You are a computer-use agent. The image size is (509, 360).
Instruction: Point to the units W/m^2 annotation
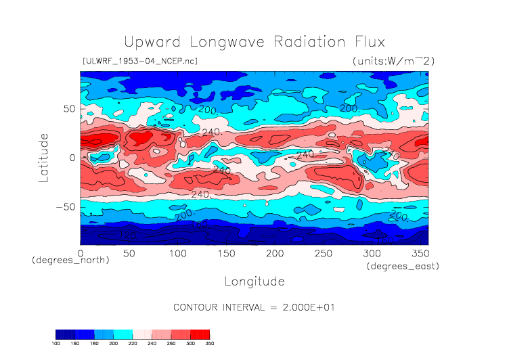tap(393, 61)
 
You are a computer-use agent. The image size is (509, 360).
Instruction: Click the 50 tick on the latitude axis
tap(68, 108)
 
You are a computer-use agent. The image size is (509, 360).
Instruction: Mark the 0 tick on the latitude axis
tap(72, 158)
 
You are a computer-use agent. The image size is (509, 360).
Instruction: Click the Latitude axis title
tap(44, 158)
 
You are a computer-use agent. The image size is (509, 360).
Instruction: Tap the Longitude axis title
tap(255, 281)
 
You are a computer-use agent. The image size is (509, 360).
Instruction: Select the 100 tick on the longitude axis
tap(177, 253)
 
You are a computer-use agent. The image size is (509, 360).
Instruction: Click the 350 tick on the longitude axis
tap(420, 253)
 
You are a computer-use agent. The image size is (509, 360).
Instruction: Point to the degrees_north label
tap(71, 261)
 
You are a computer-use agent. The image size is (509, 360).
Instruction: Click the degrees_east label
tap(403, 267)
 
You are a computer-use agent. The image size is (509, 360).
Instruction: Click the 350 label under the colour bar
tap(209, 343)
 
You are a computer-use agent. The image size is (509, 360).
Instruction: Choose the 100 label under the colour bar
tap(56, 343)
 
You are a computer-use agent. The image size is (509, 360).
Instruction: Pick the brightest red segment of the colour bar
tap(200, 334)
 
